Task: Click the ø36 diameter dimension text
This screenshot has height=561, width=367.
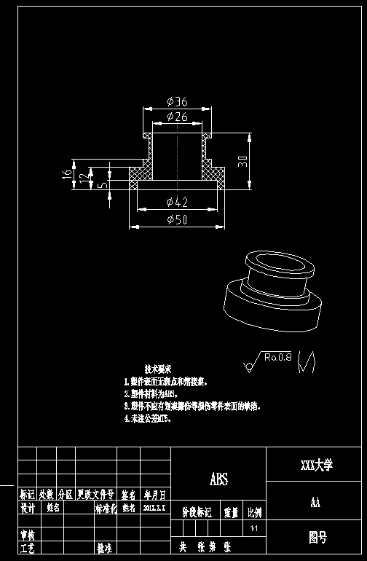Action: tap(177, 102)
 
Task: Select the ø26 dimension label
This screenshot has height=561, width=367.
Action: tap(177, 117)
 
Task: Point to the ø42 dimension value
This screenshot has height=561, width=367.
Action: tap(177, 202)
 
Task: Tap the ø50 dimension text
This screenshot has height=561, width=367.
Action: tap(177, 220)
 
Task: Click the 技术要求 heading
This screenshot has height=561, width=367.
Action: tap(158, 369)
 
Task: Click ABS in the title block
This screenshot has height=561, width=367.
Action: tap(218, 479)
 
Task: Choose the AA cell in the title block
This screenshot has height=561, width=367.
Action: tap(316, 502)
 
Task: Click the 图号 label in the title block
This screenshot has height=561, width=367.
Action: tap(317, 538)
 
